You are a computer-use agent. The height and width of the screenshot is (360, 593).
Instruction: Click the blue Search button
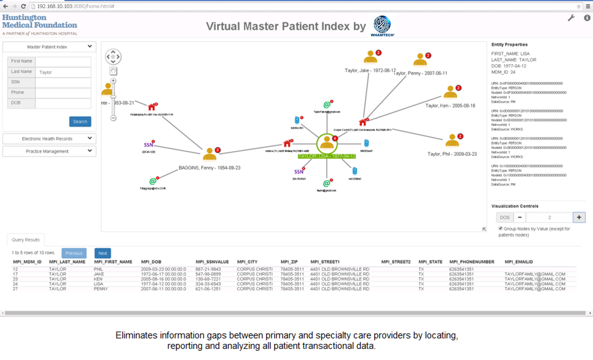click(x=80, y=122)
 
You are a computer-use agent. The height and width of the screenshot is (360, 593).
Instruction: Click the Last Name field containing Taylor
click(x=63, y=72)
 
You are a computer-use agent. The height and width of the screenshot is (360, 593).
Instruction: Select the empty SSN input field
click(x=63, y=82)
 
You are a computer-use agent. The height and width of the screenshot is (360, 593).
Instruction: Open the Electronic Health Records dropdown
click(x=49, y=139)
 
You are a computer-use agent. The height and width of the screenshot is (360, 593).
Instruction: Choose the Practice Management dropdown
click(x=49, y=151)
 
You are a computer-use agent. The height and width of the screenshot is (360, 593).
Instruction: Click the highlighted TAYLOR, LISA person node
click(x=327, y=143)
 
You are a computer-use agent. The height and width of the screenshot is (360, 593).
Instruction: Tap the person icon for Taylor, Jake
click(x=370, y=57)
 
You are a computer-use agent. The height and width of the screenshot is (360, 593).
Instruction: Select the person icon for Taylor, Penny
click(x=420, y=60)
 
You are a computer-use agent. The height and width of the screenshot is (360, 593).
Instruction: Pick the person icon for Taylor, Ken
click(x=450, y=92)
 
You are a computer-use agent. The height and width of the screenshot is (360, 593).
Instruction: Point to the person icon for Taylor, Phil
click(x=452, y=140)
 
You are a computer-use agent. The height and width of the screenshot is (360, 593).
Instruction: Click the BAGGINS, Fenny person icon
click(x=210, y=154)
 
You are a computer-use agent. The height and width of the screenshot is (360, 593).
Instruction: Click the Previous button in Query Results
click(x=74, y=253)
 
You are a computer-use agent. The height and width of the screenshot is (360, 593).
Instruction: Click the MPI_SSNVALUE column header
click(x=212, y=262)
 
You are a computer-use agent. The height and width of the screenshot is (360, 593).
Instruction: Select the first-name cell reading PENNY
click(x=101, y=289)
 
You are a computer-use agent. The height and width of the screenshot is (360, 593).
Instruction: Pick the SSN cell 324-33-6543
click(x=208, y=284)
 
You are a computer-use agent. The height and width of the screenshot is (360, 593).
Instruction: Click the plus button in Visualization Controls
click(x=579, y=217)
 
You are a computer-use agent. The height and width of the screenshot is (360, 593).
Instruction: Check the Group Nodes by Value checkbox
click(x=500, y=228)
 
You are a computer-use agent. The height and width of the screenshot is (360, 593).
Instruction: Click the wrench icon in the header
click(x=571, y=18)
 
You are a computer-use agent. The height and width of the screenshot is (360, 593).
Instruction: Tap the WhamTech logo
click(x=382, y=25)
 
